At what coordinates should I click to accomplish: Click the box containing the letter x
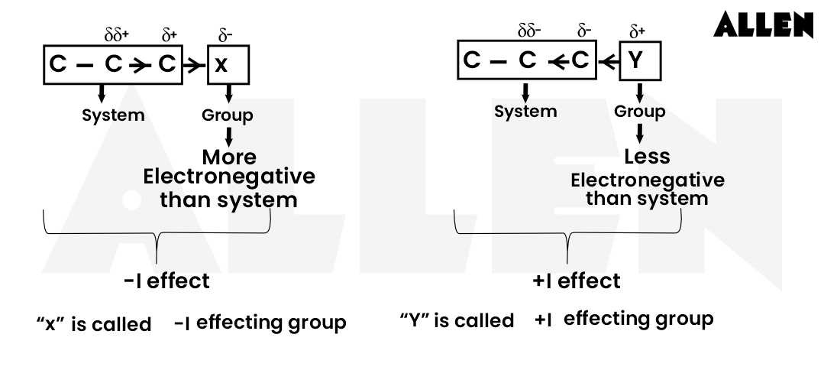click(228, 65)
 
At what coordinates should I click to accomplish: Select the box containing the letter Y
click(638, 61)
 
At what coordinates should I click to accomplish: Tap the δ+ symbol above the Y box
click(637, 32)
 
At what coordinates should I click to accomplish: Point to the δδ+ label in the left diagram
click(115, 35)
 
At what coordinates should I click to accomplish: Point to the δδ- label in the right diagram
click(529, 32)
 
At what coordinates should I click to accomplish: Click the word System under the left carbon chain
click(114, 116)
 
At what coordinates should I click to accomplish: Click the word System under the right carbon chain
click(525, 112)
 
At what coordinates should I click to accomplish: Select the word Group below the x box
click(228, 116)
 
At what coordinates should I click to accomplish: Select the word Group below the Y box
click(639, 112)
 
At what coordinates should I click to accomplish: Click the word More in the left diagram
click(228, 157)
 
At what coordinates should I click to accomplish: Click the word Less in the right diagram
click(646, 157)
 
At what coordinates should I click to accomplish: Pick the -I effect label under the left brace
click(166, 281)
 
